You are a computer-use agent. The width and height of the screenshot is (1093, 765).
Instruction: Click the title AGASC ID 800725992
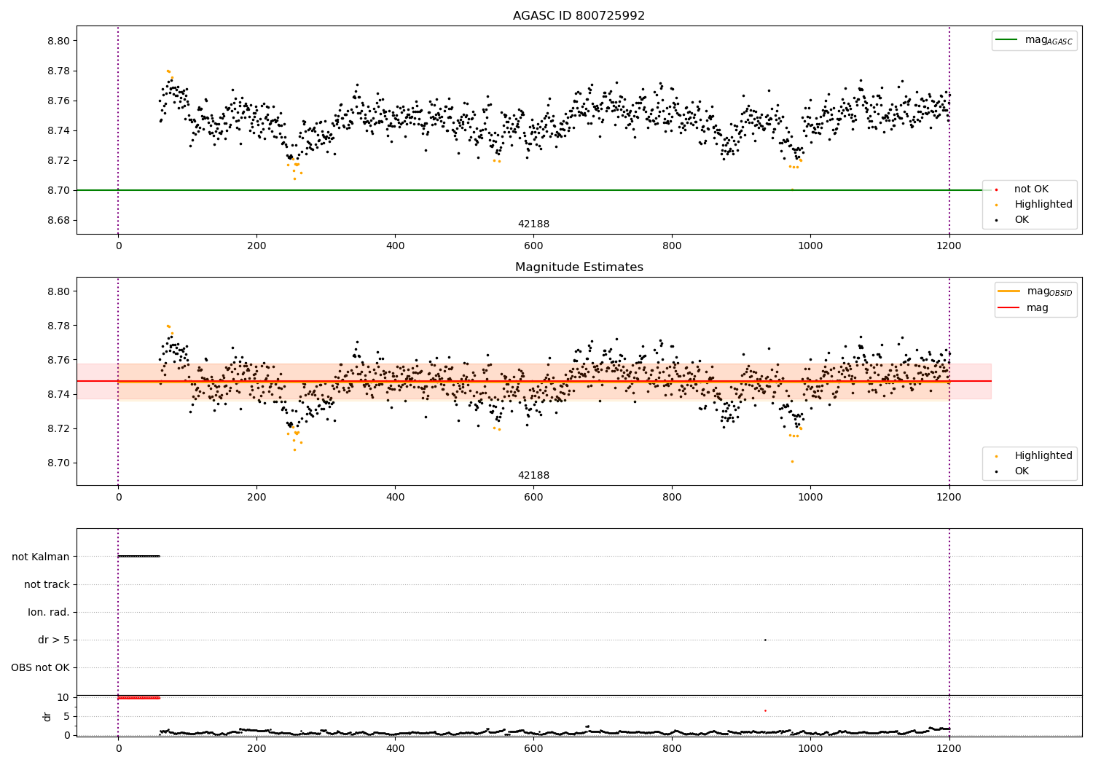579,16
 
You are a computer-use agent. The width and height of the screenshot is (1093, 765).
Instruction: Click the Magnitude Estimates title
579,267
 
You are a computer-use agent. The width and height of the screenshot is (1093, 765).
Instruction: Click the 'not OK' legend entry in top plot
1031,189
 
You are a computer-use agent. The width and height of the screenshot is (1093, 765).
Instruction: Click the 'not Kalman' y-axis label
41,557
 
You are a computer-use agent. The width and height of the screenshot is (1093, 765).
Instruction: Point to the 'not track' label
47,584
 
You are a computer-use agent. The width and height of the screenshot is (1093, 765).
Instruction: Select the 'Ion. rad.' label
49,612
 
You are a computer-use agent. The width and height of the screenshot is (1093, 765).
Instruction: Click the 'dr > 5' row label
54,640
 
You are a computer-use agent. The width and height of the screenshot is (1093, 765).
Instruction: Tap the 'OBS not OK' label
40,667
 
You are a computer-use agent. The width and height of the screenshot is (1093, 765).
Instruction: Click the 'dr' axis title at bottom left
47,716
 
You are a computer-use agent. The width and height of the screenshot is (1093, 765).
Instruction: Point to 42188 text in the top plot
533,224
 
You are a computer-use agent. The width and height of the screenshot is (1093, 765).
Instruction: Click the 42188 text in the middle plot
533,476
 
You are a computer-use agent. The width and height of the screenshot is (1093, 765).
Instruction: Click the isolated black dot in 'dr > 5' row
765,640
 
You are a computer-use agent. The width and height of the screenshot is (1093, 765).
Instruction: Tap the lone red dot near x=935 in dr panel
765,710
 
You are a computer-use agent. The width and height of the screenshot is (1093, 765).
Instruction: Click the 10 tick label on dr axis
63,697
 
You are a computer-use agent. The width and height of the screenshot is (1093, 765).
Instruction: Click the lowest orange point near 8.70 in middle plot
792,461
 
